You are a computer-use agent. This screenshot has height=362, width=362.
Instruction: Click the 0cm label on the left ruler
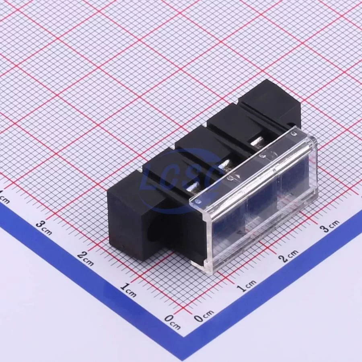pyautogui.click(x=172, y=322)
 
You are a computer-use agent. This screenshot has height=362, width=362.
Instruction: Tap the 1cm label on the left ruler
pyautogui.click(x=128, y=290)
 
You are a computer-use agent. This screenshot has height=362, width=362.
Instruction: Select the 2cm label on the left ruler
pyautogui.click(x=85, y=258)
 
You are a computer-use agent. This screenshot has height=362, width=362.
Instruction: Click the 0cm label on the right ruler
pyautogui.click(x=204, y=316)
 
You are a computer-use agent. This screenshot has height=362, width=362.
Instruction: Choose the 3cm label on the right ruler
pyautogui.click(x=330, y=225)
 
